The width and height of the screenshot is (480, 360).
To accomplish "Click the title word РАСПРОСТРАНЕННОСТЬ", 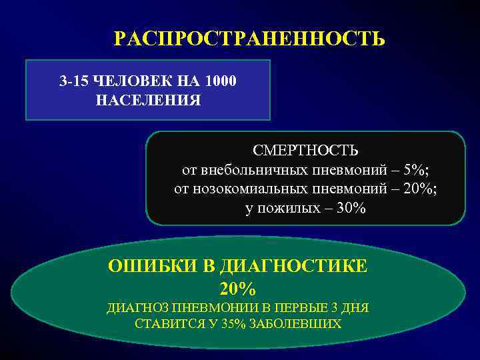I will pyautogui.click(x=249, y=39).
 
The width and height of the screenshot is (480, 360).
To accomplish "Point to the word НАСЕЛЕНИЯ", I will pyautogui.click(x=148, y=101).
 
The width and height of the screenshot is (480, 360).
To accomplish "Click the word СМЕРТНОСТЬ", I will pyautogui.click(x=305, y=149).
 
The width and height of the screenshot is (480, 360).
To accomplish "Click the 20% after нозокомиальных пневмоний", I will pyautogui.click(x=419, y=189).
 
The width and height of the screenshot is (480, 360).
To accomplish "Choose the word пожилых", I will pyautogui.click(x=285, y=208).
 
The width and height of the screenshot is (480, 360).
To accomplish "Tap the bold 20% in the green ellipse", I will pyautogui.click(x=237, y=289).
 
